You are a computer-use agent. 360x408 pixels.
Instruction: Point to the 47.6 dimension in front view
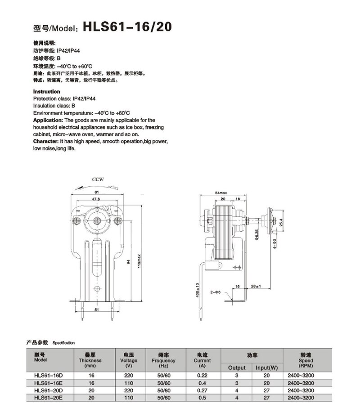click(x=96, y=199)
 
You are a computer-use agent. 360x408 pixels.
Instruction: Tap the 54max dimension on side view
click(x=221, y=193)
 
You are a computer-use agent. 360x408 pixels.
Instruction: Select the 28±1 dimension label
click(x=256, y=286)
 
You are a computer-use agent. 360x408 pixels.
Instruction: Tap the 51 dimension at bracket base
click(x=96, y=310)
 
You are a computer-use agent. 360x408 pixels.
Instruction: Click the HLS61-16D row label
click(x=48, y=375)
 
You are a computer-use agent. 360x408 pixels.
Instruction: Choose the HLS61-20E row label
click(x=48, y=397)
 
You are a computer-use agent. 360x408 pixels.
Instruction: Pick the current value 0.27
click(x=202, y=390)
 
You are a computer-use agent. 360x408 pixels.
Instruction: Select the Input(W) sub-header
click(x=267, y=368)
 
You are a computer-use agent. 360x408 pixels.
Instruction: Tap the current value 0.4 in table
click(x=202, y=383)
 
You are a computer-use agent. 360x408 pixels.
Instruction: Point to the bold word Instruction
click(x=47, y=91)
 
